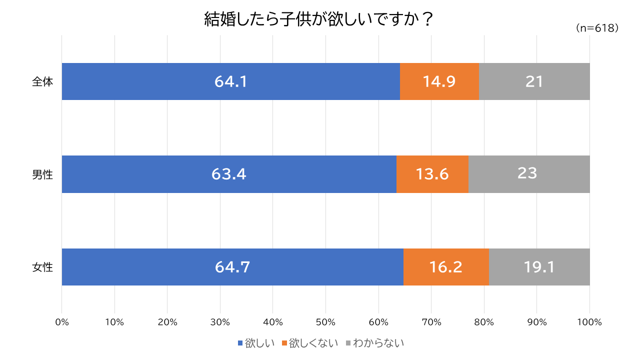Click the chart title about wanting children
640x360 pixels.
point(318,20)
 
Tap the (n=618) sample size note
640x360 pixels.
point(597,28)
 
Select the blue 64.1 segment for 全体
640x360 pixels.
point(230,81)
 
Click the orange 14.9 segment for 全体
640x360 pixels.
point(439,81)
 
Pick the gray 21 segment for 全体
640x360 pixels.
point(534,81)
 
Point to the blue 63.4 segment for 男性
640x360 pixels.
point(228,174)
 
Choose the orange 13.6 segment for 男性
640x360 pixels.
point(432,174)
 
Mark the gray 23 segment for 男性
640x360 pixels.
point(528,174)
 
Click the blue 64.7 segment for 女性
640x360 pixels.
point(232,267)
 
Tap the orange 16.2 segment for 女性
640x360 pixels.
point(445,267)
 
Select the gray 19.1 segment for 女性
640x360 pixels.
point(539,267)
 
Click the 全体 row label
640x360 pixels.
point(42,82)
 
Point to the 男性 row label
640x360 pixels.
point(42,174)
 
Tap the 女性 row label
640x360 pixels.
point(42,267)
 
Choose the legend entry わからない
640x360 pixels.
point(374,343)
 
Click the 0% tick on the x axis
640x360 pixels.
point(61,322)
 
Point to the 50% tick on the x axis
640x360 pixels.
point(325,322)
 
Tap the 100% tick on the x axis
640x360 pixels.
point(589,322)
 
